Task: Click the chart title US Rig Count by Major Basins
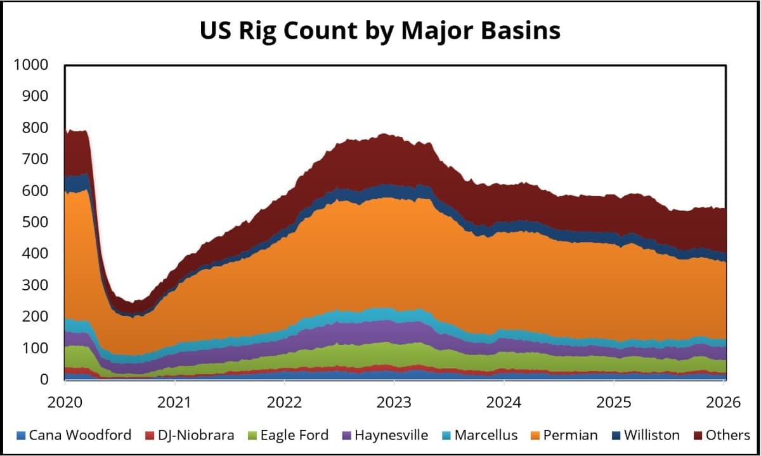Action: click(380, 30)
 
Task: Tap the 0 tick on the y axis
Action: click(44, 379)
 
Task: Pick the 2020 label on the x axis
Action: click(65, 402)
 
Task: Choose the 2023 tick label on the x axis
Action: click(394, 402)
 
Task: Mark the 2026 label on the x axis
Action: click(723, 402)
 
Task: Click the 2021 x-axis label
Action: click(174, 402)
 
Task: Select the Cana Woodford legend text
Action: click(80, 435)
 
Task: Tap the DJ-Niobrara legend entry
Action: click(195, 435)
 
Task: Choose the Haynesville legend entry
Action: click(391, 435)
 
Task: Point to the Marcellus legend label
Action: click(486, 435)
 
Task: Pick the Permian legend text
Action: click(569, 435)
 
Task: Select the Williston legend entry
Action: click(651, 435)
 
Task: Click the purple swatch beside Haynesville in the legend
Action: click(346, 436)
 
